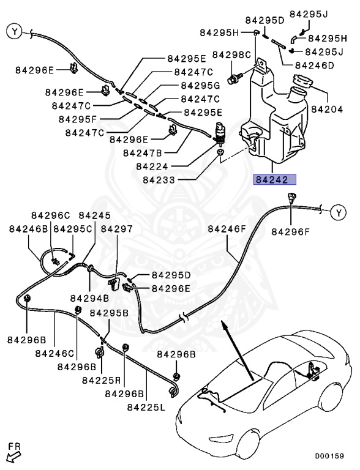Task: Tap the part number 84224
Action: pyautogui.click(x=152, y=165)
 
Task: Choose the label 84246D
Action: pyautogui.click(x=314, y=65)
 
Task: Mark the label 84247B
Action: pyautogui.click(x=143, y=152)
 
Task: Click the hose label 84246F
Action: pyautogui.click(x=227, y=229)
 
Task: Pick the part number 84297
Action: pyautogui.click(x=116, y=228)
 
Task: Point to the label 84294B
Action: pyautogui.click(x=89, y=298)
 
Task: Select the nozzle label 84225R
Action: pyautogui.click(x=100, y=380)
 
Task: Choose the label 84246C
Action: pyautogui.click(x=54, y=353)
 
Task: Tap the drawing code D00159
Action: pyautogui.click(x=329, y=456)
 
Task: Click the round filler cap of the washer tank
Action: pyautogui.click(x=302, y=81)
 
